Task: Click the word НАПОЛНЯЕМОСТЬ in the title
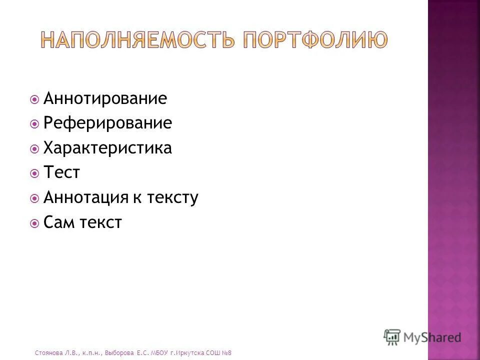click(x=137, y=39)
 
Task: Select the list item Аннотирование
click(x=105, y=98)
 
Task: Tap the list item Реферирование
click(x=107, y=123)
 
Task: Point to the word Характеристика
click(x=107, y=148)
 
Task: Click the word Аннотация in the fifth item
click(x=85, y=198)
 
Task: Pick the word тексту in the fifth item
click(x=172, y=198)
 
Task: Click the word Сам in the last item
click(x=58, y=223)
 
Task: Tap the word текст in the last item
click(x=100, y=223)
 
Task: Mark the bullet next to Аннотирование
click(x=34, y=99)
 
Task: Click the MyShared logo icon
click(x=392, y=337)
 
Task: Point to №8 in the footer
click(x=226, y=353)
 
